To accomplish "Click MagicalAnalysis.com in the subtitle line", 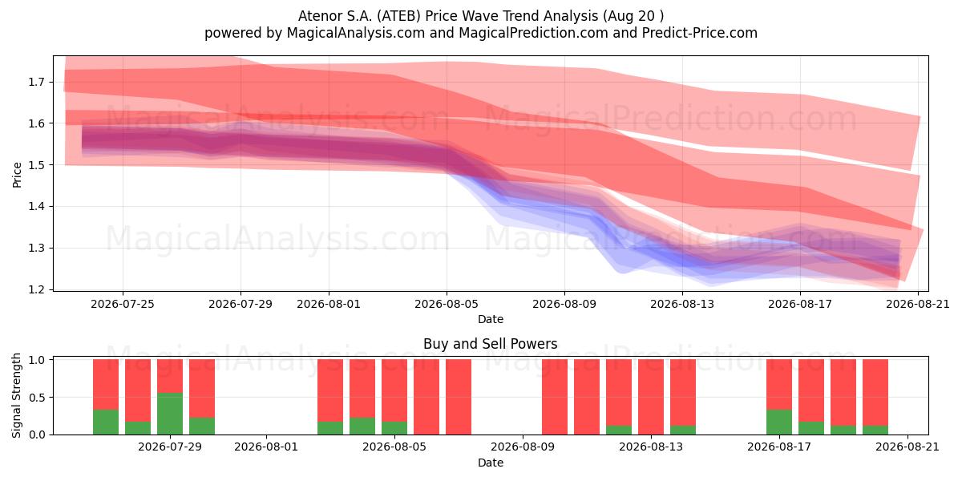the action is pyautogui.click(x=356, y=33).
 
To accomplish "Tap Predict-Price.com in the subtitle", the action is pyautogui.click(x=700, y=33).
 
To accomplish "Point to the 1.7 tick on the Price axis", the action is pyautogui.click(x=37, y=82).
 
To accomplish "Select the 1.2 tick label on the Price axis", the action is pyautogui.click(x=37, y=289).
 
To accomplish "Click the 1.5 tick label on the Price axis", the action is pyautogui.click(x=37, y=165).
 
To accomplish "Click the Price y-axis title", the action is pyautogui.click(x=17, y=175).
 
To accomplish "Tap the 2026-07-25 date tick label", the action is pyautogui.click(x=123, y=304).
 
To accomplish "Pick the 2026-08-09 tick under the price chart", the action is pyautogui.click(x=564, y=304).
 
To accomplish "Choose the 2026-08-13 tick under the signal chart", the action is pyautogui.click(x=651, y=447).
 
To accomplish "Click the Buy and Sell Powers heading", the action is pyautogui.click(x=491, y=344).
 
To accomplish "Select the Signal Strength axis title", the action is pyautogui.click(x=16, y=395).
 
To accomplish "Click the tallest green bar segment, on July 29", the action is pyautogui.click(x=170, y=414).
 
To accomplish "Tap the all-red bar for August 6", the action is pyautogui.click(x=459, y=397).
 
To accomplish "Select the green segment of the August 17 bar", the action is pyautogui.click(x=779, y=422).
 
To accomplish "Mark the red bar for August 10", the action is pyautogui.click(x=555, y=397).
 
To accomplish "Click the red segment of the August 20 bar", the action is pyautogui.click(x=875, y=393).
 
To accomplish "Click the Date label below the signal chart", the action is pyautogui.click(x=491, y=463).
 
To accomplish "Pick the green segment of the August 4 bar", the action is pyautogui.click(x=394, y=428).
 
